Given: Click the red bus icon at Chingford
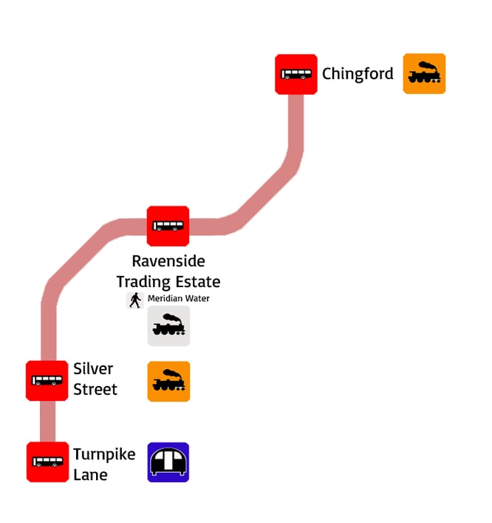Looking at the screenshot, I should [x=296, y=74].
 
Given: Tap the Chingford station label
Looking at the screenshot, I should [x=358, y=74].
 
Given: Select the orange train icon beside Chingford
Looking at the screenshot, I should [x=424, y=74].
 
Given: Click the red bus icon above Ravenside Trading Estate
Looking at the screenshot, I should [x=168, y=226].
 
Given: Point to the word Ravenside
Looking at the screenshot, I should [x=168, y=261].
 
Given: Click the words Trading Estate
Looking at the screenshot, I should [x=168, y=282].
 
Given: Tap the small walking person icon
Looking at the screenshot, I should [x=135, y=300].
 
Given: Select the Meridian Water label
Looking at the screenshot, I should [x=179, y=299].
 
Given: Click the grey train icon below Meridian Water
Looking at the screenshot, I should [x=168, y=326].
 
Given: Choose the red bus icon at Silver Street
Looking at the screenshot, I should [x=47, y=381].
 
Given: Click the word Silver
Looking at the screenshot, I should [x=93, y=368].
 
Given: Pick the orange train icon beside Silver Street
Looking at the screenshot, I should [x=168, y=382].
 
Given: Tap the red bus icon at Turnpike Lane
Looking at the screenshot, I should [x=47, y=462].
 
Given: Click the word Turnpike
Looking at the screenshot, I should [x=104, y=454].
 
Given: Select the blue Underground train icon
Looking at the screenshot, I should [x=168, y=462].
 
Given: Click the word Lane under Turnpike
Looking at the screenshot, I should [x=90, y=475].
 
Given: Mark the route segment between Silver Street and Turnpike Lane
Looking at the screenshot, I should [x=47, y=422].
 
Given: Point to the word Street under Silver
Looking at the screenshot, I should [x=95, y=389].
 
